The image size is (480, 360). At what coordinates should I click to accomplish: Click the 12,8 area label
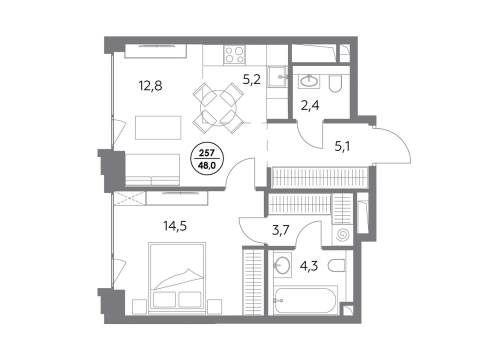coord(150,86)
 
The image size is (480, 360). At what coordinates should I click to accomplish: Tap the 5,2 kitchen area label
coord(251,80)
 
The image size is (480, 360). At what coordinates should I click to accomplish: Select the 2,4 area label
coord(310,105)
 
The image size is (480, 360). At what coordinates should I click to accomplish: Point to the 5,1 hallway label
coord(342,146)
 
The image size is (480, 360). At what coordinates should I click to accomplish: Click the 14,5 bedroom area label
coord(175,226)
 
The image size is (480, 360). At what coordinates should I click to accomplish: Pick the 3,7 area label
coord(280,229)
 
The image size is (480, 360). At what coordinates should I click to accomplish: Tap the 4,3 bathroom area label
coord(309,265)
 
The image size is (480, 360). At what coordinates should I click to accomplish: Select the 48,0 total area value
coord(207,165)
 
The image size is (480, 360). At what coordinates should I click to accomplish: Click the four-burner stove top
coord(234,55)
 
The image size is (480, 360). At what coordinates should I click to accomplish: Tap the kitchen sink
coord(277,77)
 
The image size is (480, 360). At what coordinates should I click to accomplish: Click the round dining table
coord(219,108)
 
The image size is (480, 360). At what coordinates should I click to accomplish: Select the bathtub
coord(306,299)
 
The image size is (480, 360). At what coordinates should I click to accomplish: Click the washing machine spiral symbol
coord(342,235)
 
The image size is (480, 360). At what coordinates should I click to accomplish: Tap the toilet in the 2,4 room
coord(335,83)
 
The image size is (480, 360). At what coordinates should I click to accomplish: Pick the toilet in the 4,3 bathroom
coord(336,265)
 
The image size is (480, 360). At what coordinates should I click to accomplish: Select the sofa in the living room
coord(152,169)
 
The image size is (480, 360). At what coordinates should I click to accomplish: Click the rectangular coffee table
coord(158,127)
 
